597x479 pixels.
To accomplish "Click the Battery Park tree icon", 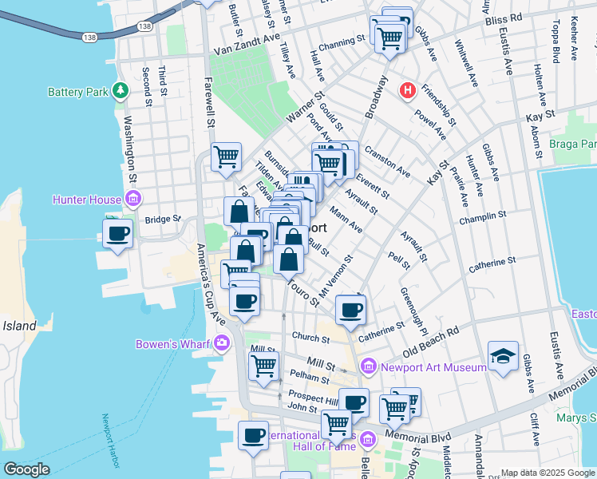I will [x=121, y=91].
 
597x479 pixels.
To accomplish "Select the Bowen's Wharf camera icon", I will [x=222, y=343].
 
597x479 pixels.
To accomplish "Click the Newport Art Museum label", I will [x=433, y=367].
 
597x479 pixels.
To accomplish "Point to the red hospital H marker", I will [x=408, y=91].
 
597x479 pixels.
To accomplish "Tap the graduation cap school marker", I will [x=504, y=357].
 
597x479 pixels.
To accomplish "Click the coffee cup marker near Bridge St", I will [x=117, y=233].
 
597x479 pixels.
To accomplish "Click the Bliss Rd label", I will [x=503, y=16].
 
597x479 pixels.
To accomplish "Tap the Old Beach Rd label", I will [x=432, y=340].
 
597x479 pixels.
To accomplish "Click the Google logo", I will [x=26, y=469].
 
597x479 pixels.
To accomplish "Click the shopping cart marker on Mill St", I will [x=263, y=366].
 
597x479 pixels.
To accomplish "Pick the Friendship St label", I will [x=439, y=105].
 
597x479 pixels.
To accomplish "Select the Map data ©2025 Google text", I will [x=548, y=473].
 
